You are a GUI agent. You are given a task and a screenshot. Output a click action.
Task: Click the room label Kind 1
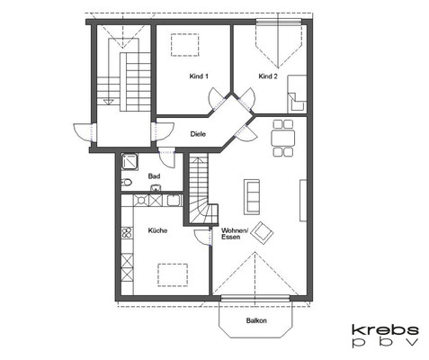click(199, 77)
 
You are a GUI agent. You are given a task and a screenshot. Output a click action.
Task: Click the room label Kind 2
click(267, 77)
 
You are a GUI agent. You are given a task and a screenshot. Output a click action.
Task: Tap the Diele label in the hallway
click(198, 134)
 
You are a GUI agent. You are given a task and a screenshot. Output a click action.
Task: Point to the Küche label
click(158, 231)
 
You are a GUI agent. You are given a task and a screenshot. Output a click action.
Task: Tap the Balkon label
click(256, 321)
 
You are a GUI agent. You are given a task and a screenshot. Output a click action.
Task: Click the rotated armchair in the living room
click(263, 233)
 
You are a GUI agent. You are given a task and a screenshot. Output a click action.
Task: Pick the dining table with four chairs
click(283, 138)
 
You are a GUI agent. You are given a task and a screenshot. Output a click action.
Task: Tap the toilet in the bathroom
click(127, 183)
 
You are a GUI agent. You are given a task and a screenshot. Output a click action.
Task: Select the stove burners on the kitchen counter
click(127, 237)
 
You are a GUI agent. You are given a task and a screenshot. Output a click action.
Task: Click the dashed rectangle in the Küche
click(172, 273)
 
